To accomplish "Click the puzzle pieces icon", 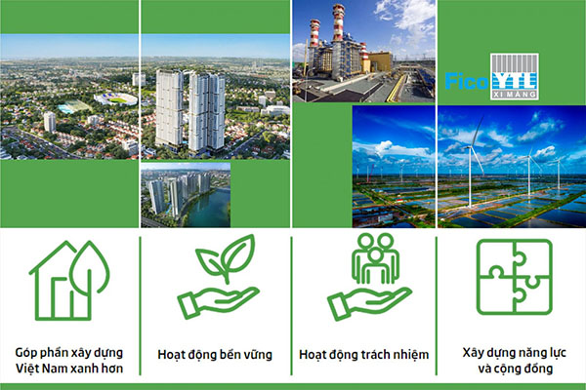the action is tap(515, 277).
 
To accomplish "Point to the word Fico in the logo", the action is tap(467, 81).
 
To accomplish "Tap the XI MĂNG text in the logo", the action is tap(515, 95).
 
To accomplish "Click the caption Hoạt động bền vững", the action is tap(215, 355).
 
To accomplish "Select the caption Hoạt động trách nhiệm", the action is tap(363, 355).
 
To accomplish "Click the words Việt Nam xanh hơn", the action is tap(69, 369).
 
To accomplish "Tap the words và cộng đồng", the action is tap(515, 370).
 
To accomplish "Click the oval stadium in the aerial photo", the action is tap(116, 98).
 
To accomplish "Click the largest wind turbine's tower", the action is tap(471, 176).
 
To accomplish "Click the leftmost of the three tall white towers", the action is tap(169, 107).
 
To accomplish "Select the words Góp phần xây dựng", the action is tap(69, 353).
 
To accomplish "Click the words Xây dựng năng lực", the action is tap(515, 353).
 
